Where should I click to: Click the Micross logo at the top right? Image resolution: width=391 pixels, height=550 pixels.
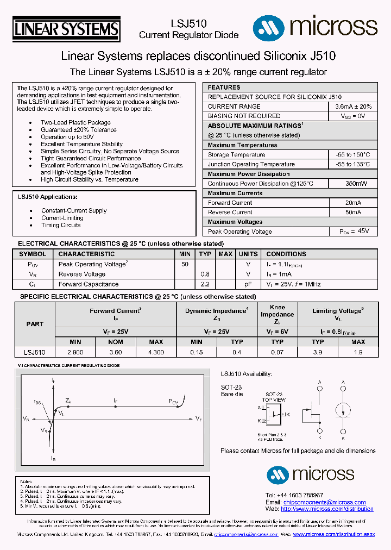click(x=315, y=26)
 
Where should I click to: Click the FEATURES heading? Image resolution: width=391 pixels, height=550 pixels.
click(x=224, y=87)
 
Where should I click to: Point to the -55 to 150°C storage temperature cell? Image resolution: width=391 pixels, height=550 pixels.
click(x=352, y=155)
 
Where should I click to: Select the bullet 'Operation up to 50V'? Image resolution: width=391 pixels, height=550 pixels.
click(x=67, y=137)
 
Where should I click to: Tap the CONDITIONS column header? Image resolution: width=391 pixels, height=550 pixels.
click(x=286, y=254)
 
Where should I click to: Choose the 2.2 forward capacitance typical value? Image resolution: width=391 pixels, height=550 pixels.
click(x=205, y=284)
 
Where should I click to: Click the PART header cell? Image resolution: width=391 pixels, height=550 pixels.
click(x=35, y=324)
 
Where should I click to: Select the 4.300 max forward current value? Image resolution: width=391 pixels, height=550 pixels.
click(x=156, y=352)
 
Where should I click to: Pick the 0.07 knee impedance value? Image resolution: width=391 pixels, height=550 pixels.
click(x=277, y=352)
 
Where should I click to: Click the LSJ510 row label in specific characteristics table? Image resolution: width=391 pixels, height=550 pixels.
click(x=35, y=352)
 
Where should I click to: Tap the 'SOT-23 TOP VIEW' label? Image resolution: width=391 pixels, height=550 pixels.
click(x=273, y=396)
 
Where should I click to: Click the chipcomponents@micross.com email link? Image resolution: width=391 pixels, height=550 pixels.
click(x=324, y=502)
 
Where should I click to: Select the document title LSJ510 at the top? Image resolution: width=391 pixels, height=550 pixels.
click(x=188, y=24)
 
